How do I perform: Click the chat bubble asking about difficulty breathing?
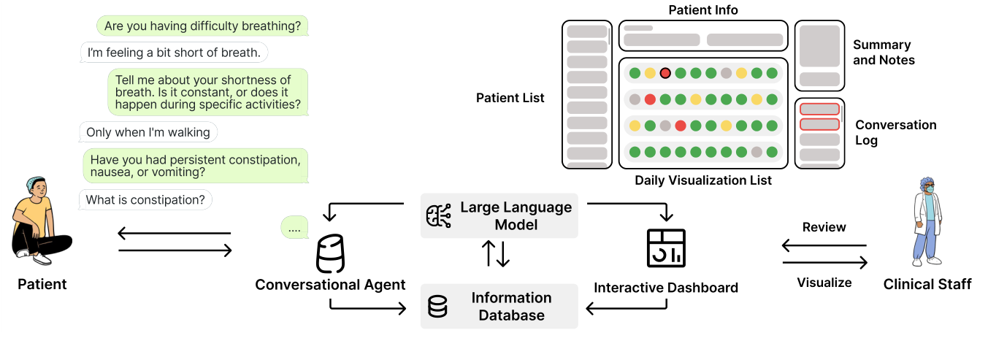click(202, 26)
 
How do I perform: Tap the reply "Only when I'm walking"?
click(148, 132)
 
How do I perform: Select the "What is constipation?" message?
click(145, 199)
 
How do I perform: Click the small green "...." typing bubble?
click(294, 229)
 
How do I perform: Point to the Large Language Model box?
click(499, 215)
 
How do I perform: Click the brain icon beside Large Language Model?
click(438, 216)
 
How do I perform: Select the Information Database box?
click(499, 307)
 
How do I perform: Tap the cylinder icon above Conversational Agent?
click(330, 254)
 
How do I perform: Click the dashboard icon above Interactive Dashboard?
click(666, 248)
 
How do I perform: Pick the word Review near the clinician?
click(824, 227)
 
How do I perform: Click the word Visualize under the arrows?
click(824, 283)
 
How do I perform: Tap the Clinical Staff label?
click(927, 284)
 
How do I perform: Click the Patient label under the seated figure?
click(42, 284)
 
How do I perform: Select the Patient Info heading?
click(703, 10)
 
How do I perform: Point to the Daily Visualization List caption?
click(702, 180)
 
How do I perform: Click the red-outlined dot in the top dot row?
click(665, 73)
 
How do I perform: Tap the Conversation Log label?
click(895, 132)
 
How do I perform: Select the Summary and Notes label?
click(884, 53)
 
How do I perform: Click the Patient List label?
click(510, 97)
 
